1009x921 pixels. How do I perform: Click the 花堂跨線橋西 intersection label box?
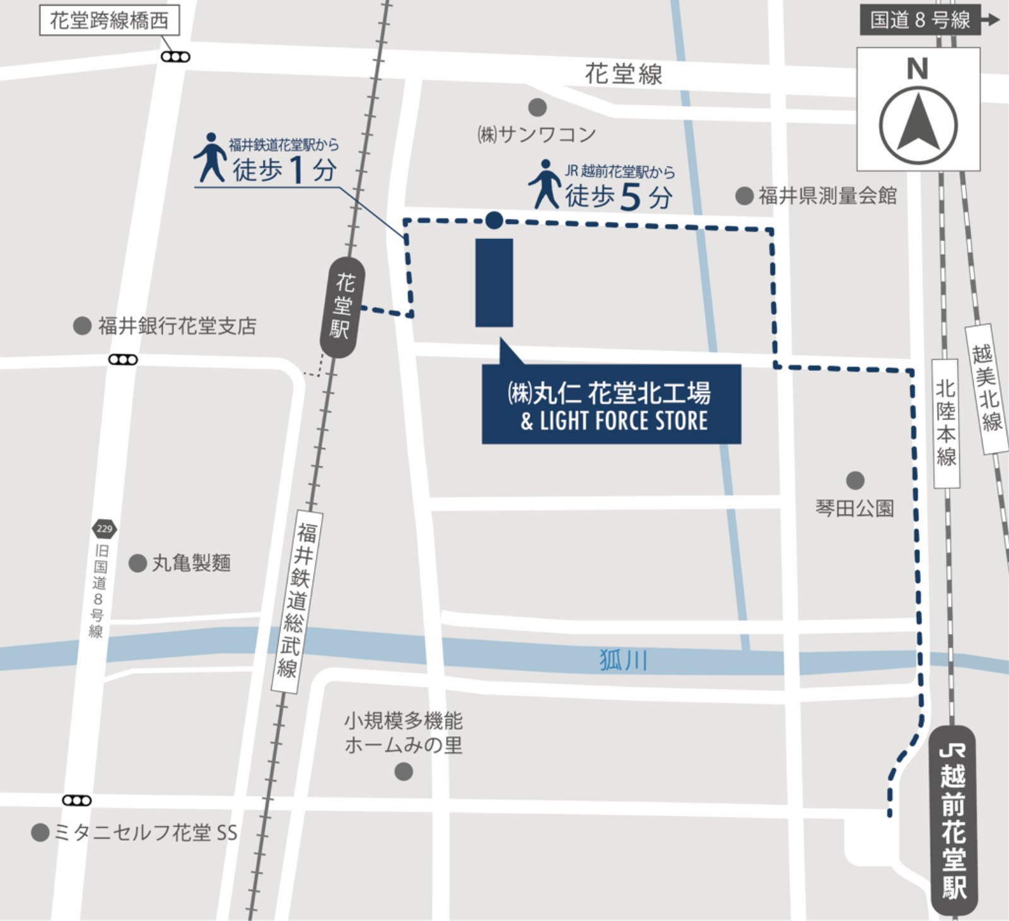[109, 21]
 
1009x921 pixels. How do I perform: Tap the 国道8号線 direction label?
[920, 20]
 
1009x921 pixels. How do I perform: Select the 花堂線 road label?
[623, 74]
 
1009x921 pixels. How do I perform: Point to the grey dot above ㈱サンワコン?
[537, 107]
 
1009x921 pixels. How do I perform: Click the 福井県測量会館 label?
[827, 196]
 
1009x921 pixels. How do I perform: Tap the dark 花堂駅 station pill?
[342, 307]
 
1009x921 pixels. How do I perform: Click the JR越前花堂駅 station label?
[954, 820]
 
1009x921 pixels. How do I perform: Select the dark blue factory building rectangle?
[494, 283]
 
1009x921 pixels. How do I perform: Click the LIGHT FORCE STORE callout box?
[611, 404]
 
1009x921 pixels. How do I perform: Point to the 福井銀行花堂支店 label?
[177, 326]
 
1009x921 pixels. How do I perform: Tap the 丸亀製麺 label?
[191, 563]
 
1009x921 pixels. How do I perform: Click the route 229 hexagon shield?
[104, 529]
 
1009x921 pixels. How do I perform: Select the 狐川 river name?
[623, 660]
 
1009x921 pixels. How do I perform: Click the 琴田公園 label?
[854, 508]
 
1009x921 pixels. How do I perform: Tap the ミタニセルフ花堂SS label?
[145, 833]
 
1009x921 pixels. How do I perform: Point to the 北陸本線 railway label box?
[946, 423]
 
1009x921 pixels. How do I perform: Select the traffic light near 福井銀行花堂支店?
[123, 360]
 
